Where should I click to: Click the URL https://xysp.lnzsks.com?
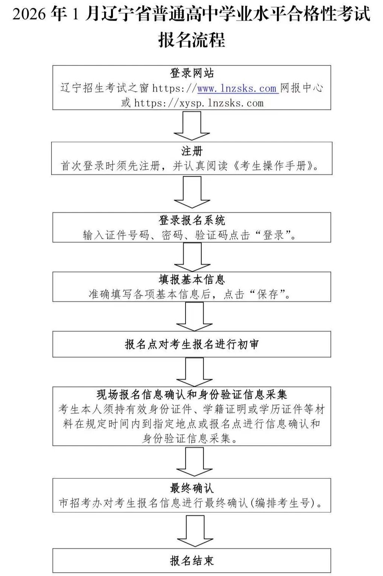point(199,103)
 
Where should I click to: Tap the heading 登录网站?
point(191,73)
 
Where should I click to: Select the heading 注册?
point(191,151)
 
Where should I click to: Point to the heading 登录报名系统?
point(191,220)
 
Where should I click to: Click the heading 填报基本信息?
point(191,280)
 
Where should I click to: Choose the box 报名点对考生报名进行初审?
point(191,344)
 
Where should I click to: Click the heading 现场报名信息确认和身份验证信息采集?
point(191,394)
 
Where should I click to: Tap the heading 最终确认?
point(191,488)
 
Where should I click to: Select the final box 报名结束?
point(191,561)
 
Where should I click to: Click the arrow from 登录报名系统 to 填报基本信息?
point(192,256)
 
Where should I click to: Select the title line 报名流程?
point(191,40)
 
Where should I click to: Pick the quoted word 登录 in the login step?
point(274,235)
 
